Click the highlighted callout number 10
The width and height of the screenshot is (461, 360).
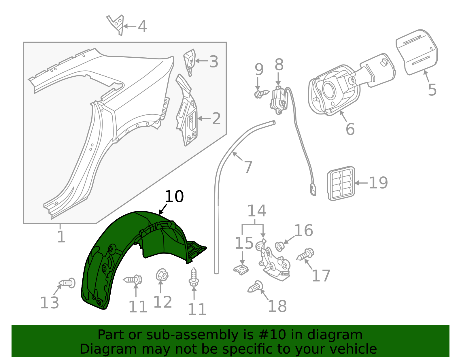click(174, 197)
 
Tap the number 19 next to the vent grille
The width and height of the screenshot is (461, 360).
click(378, 183)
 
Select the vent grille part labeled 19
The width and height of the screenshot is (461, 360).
click(341, 183)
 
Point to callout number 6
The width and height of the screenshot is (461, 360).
click(350, 129)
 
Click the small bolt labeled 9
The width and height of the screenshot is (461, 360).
click(261, 93)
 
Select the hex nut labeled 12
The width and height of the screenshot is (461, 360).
click(162, 275)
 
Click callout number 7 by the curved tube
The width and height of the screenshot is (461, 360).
click(248, 167)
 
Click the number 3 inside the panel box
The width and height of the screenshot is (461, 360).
click(214, 62)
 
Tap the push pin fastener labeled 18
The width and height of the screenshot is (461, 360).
click(255, 287)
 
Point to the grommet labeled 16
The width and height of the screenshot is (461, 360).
click(279, 246)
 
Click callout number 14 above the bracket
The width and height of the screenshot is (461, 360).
click(256, 211)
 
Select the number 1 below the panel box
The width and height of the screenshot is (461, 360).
click(61, 237)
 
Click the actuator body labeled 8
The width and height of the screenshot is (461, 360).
click(279, 99)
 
